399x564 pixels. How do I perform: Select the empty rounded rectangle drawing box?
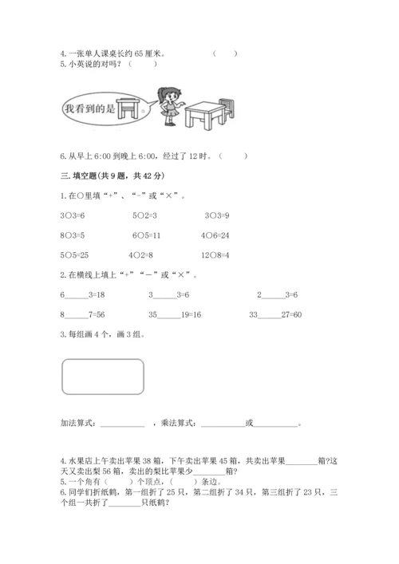coord(103,377)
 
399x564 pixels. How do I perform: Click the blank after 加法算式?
coord(123,424)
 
